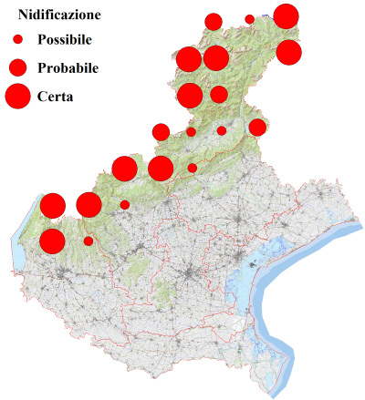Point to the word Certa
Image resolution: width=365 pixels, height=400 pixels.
point(55,96)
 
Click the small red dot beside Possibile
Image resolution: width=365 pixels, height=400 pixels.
point(17,40)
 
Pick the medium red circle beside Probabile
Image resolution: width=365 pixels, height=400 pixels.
point(17,67)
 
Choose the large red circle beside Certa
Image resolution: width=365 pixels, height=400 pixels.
point(17,95)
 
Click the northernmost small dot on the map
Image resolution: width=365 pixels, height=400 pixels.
point(249,19)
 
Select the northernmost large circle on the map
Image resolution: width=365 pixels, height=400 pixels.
point(286,16)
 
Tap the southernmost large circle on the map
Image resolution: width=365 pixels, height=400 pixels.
point(52,241)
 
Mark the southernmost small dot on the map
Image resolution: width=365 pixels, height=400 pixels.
point(89,241)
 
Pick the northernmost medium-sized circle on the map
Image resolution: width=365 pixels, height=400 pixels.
point(214,22)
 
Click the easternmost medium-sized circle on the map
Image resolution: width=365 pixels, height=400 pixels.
point(257,127)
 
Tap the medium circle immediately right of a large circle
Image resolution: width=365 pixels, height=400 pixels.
point(219,94)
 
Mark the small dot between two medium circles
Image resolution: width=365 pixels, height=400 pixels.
point(222,130)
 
